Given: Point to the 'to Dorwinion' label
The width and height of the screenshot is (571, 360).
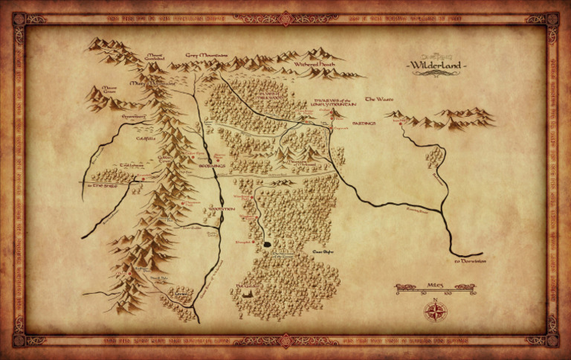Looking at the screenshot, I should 469,261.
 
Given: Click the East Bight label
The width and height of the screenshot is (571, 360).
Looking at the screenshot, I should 322,252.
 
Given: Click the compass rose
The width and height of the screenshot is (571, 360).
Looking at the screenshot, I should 433,310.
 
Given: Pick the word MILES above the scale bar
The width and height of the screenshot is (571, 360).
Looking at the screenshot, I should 436,283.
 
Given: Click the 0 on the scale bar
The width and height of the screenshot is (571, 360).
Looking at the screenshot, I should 398,293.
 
